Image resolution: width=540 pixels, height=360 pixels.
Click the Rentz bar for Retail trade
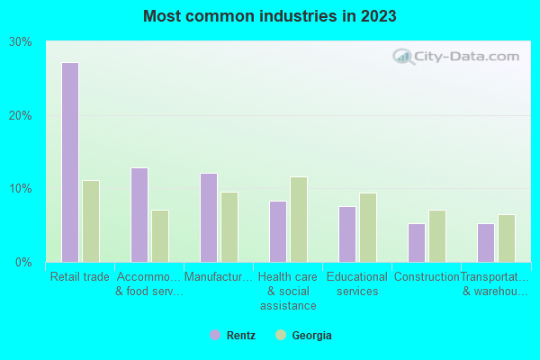70,162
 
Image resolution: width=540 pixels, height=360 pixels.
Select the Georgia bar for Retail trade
91,221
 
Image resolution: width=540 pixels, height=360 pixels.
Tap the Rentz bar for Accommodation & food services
139,215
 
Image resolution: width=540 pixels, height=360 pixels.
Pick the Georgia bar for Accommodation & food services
160,236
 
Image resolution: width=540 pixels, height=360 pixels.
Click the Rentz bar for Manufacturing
209,218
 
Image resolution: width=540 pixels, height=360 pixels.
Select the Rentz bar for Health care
278,231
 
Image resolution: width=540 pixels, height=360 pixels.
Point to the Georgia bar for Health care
299,220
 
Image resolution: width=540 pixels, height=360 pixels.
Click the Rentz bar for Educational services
347,234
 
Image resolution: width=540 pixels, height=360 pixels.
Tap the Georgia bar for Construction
437,236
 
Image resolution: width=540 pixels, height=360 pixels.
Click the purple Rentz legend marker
215,335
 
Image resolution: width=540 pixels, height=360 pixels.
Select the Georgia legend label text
311,336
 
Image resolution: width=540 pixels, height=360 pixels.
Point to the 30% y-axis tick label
21,42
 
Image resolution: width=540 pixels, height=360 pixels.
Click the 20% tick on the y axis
21,116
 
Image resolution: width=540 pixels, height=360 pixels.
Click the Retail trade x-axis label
80,277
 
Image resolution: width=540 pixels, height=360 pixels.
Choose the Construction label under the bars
427,277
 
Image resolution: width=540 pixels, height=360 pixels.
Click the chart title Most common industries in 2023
269,16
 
